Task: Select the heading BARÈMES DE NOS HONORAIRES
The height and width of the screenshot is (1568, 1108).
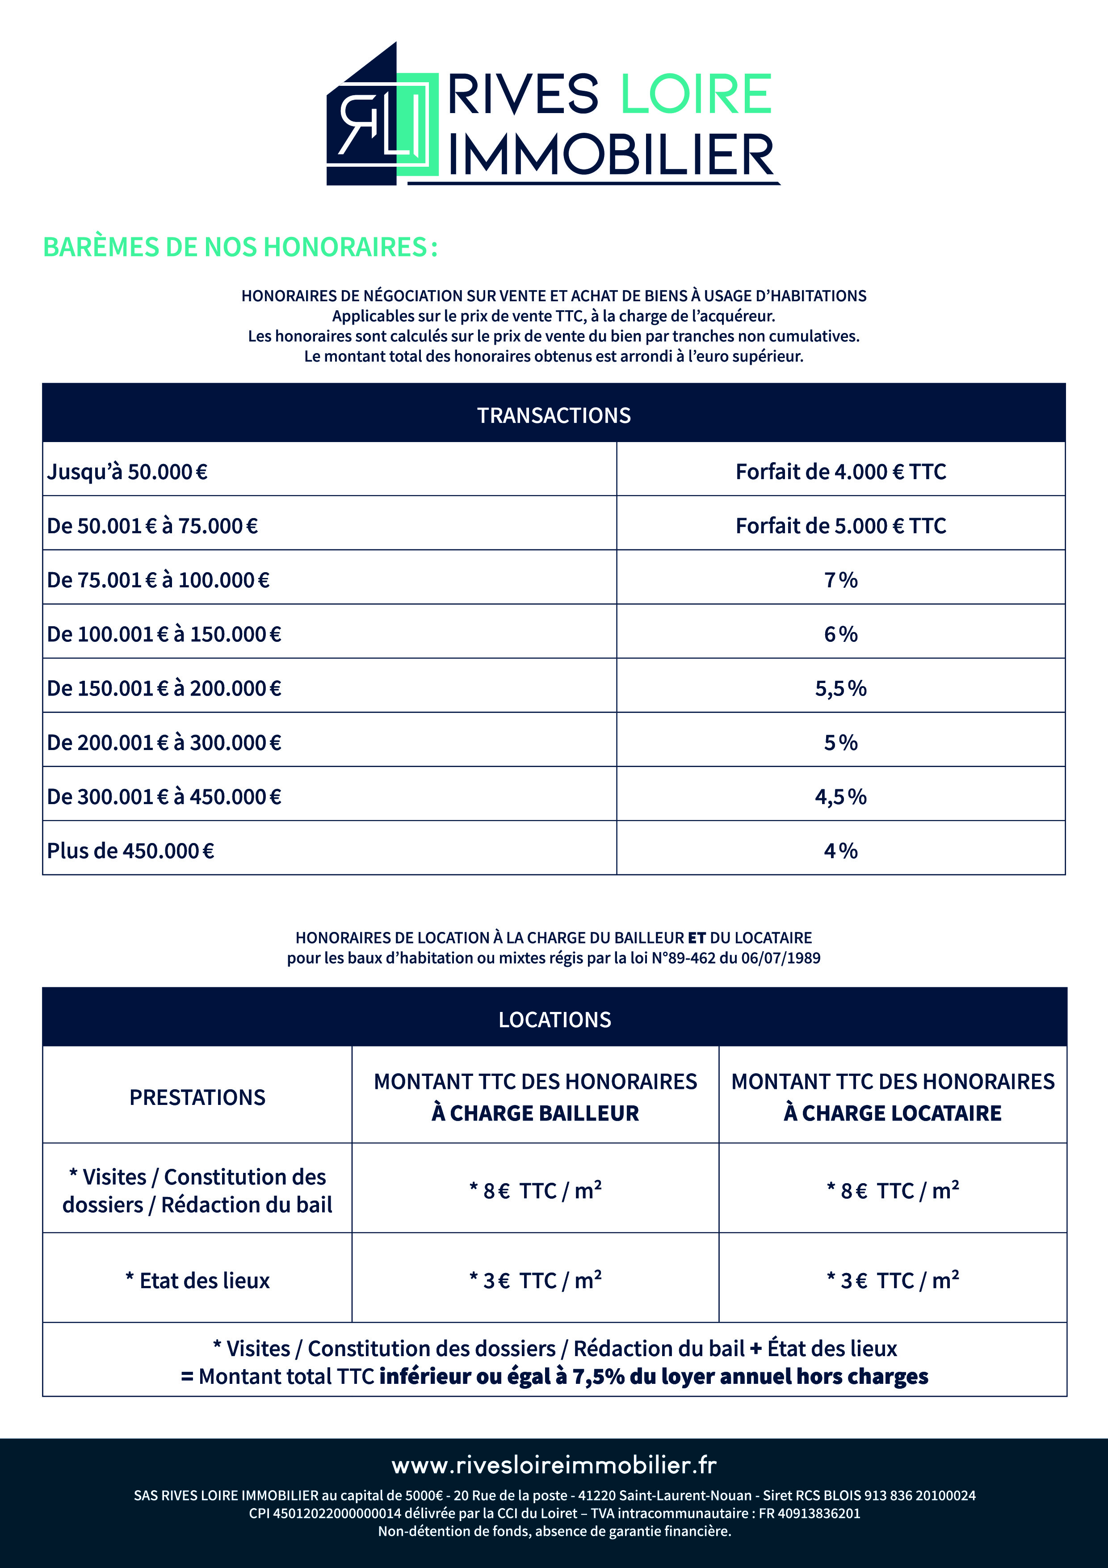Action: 239,247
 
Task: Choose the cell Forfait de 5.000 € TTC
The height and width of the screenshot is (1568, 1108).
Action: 840,526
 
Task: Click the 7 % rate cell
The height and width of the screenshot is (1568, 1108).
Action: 840,580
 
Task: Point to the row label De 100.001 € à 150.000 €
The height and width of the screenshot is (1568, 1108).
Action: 164,634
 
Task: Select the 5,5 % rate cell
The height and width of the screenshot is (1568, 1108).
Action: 840,688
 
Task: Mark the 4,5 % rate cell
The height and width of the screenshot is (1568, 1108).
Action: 840,797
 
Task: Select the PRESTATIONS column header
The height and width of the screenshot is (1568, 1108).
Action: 197,1097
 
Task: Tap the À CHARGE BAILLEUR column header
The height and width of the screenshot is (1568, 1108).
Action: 535,1113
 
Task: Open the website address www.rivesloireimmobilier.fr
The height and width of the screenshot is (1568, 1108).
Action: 554,1465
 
